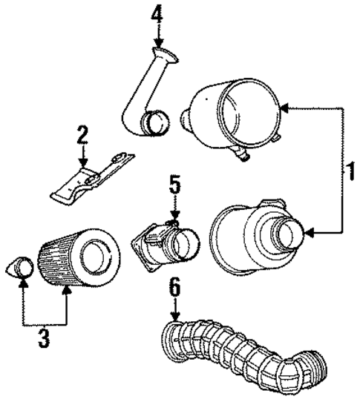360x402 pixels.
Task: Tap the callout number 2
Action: [82, 135]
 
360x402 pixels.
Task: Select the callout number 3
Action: [44, 338]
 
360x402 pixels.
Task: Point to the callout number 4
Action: [157, 14]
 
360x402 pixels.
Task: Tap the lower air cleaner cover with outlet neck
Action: [256, 234]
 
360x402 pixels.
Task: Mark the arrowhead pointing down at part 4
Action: [157, 43]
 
